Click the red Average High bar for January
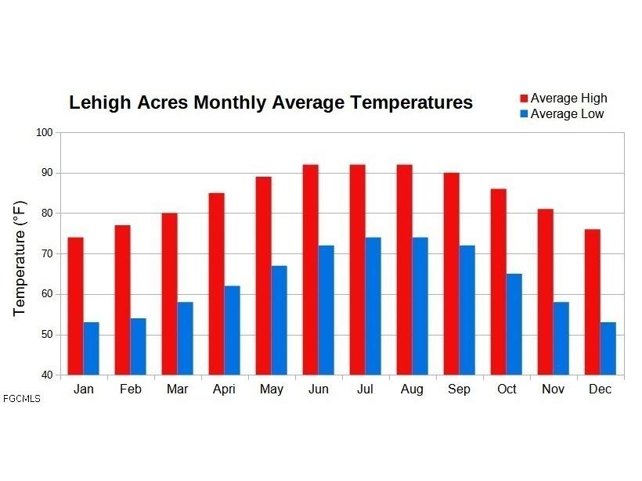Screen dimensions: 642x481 pyautogui.click(x=76, y=306)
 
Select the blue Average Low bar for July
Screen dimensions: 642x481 pyautogui.click(x=373, y=306)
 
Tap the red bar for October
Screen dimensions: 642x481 pyautogui.click(x=499, y=282)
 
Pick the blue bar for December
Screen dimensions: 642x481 pyautogui.click(x=608, y=349)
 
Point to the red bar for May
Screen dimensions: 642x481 pyautogui.click(x=264, y=275)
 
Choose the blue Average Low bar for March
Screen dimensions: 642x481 pyautogui.click(x=185, y=338)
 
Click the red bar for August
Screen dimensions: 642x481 pyautogui.click(x=405, y=270)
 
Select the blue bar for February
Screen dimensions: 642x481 pyautogui.click(x=139, y=346)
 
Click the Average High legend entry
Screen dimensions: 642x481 pyautogui.click(x=564, y=99)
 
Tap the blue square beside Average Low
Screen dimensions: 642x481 pyautogui.click(x=524, y=113)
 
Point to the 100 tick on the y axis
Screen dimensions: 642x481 pyautogui.click(x=45, y=132)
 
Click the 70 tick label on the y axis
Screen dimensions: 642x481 pyautogui.click(x=47, y=253)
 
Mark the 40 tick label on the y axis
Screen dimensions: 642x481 pyautogui.click(x=47, y=375)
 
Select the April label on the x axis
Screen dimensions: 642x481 pyautogui.click(x=225, y=389)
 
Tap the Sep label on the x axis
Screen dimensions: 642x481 pyautogui.click(x=459, y=389)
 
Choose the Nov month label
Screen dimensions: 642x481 pyautogui.click(x=554, y=389)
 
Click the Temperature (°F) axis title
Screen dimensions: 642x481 pyautogui.click(x=20, y=259)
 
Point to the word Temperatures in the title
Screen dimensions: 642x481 pyautogui.click(x=412, y=102)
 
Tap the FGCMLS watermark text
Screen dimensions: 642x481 pyautogui.click(x=22, y=399)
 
